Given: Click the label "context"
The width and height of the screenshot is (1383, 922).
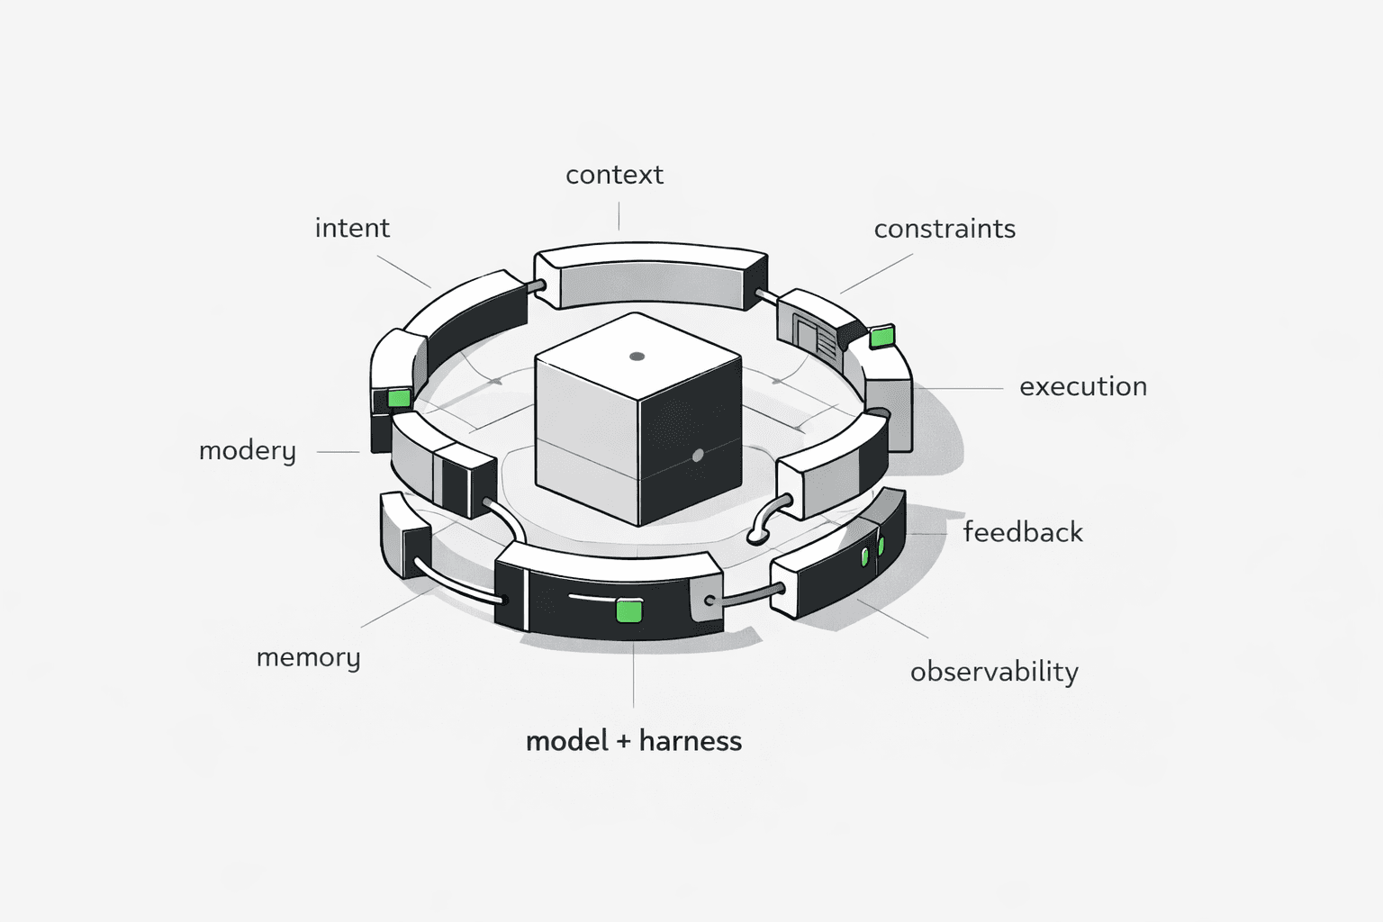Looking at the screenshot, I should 614,175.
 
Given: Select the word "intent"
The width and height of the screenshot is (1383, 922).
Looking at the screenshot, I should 352,229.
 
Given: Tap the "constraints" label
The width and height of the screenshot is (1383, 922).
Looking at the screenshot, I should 945,230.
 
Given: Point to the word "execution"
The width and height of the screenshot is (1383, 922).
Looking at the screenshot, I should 1083,387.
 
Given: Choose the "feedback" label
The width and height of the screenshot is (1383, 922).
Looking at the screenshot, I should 1023,533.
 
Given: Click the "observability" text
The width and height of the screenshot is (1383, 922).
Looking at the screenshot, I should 994,673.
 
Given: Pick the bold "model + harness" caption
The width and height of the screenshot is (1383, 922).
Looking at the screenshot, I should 634,741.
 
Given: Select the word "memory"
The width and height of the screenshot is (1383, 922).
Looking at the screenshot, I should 308,658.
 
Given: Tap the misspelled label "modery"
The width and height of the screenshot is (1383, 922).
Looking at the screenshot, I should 247,451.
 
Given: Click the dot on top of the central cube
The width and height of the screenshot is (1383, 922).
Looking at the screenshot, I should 637,357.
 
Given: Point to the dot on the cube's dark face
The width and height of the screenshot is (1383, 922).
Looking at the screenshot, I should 697,456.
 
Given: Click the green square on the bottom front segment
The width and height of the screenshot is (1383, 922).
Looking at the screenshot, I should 628,610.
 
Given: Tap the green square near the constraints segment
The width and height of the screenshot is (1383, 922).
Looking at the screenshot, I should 882,338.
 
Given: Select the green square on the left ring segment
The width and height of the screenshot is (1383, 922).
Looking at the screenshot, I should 398,398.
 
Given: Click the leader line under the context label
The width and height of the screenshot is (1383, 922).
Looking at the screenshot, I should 619,216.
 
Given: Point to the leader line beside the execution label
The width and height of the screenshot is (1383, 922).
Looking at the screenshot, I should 960,389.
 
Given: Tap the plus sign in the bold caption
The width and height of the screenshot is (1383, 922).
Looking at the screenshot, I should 623,742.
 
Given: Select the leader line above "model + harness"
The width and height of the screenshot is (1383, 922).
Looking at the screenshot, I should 633,675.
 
